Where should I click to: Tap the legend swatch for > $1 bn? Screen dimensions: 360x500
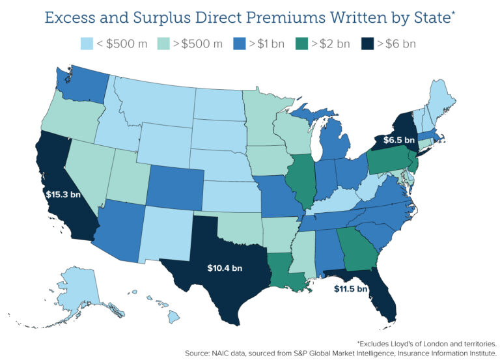tap(237, 44)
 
